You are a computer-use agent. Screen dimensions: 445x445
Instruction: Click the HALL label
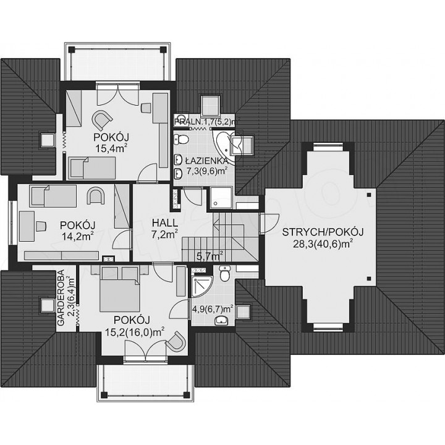(165, 222)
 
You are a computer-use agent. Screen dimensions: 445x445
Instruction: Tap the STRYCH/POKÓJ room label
(323, 232)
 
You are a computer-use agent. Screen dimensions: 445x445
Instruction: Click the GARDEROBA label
(61, 297)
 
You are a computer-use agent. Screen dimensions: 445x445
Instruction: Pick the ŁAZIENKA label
(206, 161)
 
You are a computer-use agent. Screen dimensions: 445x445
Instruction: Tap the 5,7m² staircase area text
(210, 256)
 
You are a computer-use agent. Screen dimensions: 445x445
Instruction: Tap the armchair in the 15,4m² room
(101, 120)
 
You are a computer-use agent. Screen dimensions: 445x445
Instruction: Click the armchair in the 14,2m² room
(95, 196)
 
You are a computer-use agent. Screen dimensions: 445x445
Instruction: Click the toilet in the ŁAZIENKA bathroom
(182, 139)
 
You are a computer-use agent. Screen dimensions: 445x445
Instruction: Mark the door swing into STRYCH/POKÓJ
(269, 223)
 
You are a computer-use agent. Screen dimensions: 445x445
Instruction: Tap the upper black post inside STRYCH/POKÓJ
(368, 195)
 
